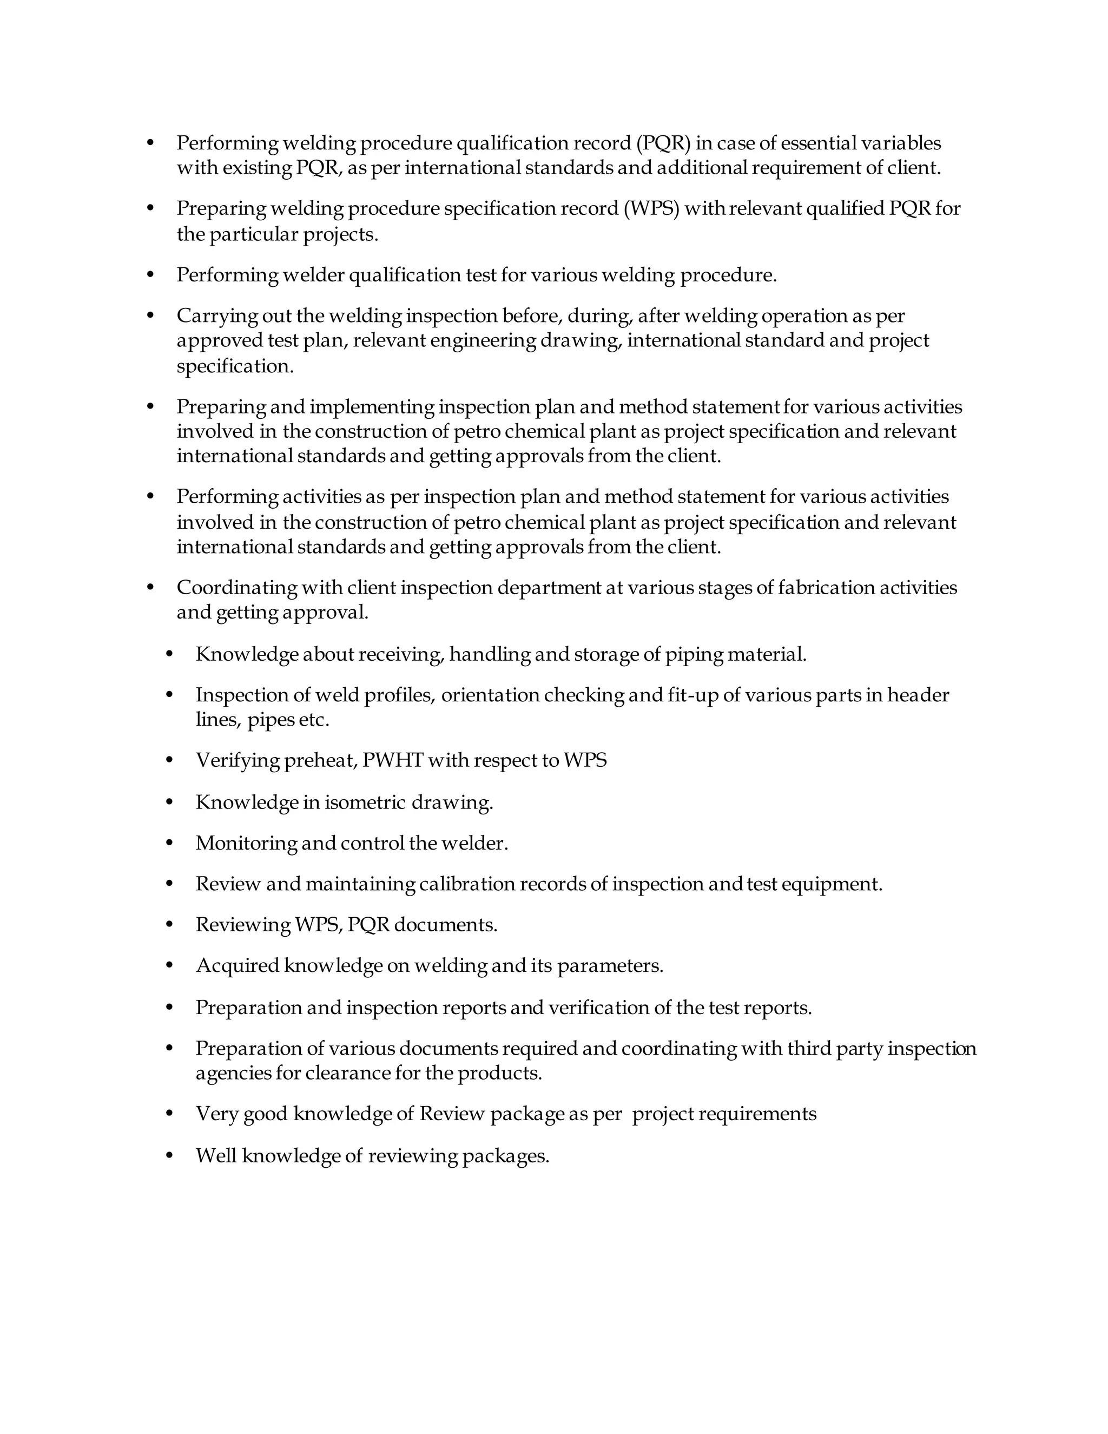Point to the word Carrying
pyautogui.click(x=216, y=317)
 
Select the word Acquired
pyautogui.click(x=237, y=966)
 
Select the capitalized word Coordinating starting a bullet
pyautogui.click(x=236, y=588)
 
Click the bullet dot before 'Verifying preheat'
pyautogui.click(x=169, y=760)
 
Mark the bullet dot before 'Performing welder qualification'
pyautogui.click(x=150, y=274)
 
